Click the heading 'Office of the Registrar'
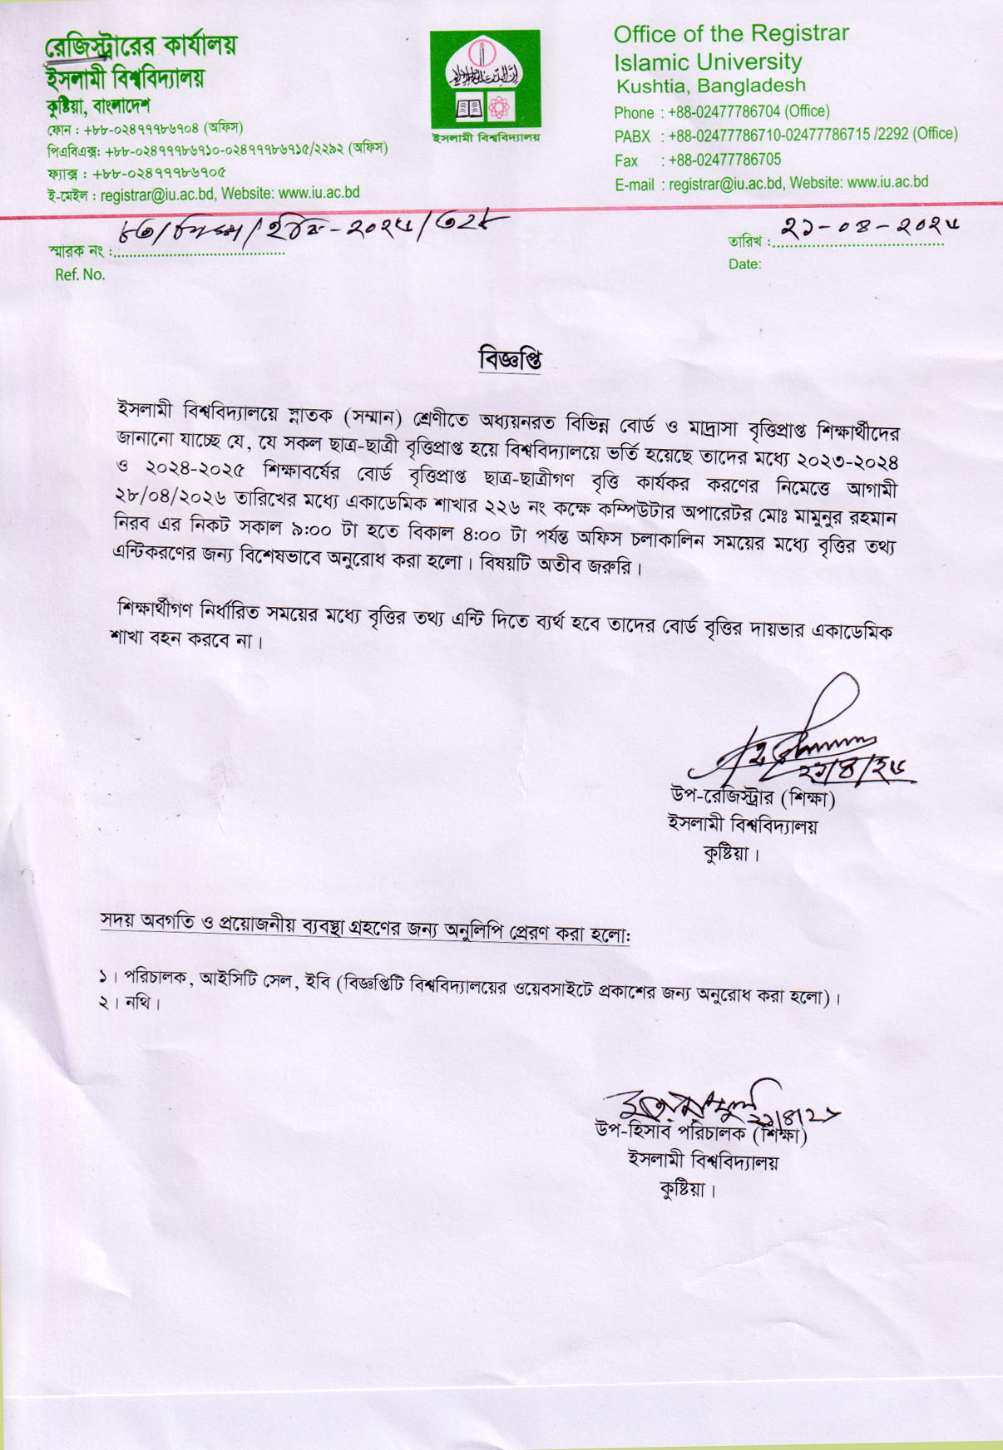pyautogui.click(x=731, y=34)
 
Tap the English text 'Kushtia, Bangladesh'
pyautogui.click(x=710, y=86)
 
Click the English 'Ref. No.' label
pyautogui.click(x=80, y=274)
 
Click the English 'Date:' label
pyautogui.click(x=744, y=264)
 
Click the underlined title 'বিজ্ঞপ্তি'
pyautogui.click(x=511, y=360)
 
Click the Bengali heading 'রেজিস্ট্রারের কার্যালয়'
pyautogui.click(x=141, y=46)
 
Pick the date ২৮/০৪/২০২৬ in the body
pyautogui.click(x=171, y=496)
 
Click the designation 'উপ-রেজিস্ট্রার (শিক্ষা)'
pyautogui.click(x=753, y=797)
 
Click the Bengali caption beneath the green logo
pyautogui.click(x=485, y=137)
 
